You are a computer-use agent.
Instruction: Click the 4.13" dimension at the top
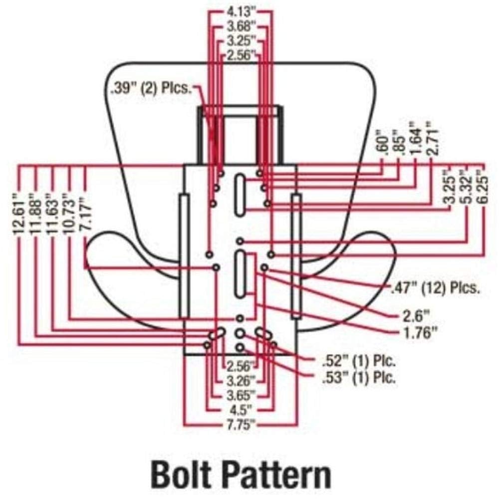(242, 11)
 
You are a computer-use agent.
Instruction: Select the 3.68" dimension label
(242, 26)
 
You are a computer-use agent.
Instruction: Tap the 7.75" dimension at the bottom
(242, 425)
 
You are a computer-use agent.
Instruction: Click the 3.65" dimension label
(242, 395)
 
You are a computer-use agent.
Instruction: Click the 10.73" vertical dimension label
(69, 213)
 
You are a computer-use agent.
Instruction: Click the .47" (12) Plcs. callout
(435, 288)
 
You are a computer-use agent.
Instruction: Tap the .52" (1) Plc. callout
(359, 361)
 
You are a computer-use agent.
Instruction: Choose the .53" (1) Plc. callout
(359, 378)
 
